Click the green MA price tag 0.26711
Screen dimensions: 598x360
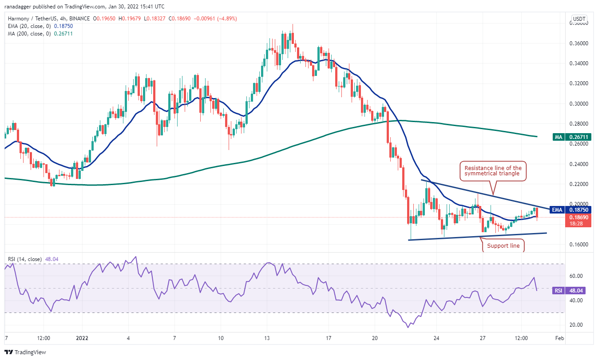(571, 137)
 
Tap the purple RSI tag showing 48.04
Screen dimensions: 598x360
(569, 290)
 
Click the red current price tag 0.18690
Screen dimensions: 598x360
(578, 221)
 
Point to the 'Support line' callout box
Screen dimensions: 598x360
(503, 245)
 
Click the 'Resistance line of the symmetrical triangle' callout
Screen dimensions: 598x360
(493, 171)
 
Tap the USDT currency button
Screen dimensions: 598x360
(579, 19)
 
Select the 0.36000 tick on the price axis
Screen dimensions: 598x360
(578, 43)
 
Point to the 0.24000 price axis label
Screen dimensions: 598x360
(578, 164)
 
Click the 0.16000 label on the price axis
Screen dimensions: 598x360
(578, 245)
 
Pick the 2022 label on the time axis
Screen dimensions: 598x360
(82, 338)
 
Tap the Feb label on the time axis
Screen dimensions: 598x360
(559, 338)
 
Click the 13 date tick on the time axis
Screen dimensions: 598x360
(267, 338)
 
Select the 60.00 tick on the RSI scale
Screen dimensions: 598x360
(576, 276)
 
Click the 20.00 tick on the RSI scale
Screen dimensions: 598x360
(576, 325)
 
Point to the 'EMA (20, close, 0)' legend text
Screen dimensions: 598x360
(29, 26)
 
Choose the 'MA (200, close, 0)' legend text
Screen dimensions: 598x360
(29, 34)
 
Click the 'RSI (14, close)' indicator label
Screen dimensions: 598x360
(25, 259)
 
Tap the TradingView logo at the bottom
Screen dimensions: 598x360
(25, 352)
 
